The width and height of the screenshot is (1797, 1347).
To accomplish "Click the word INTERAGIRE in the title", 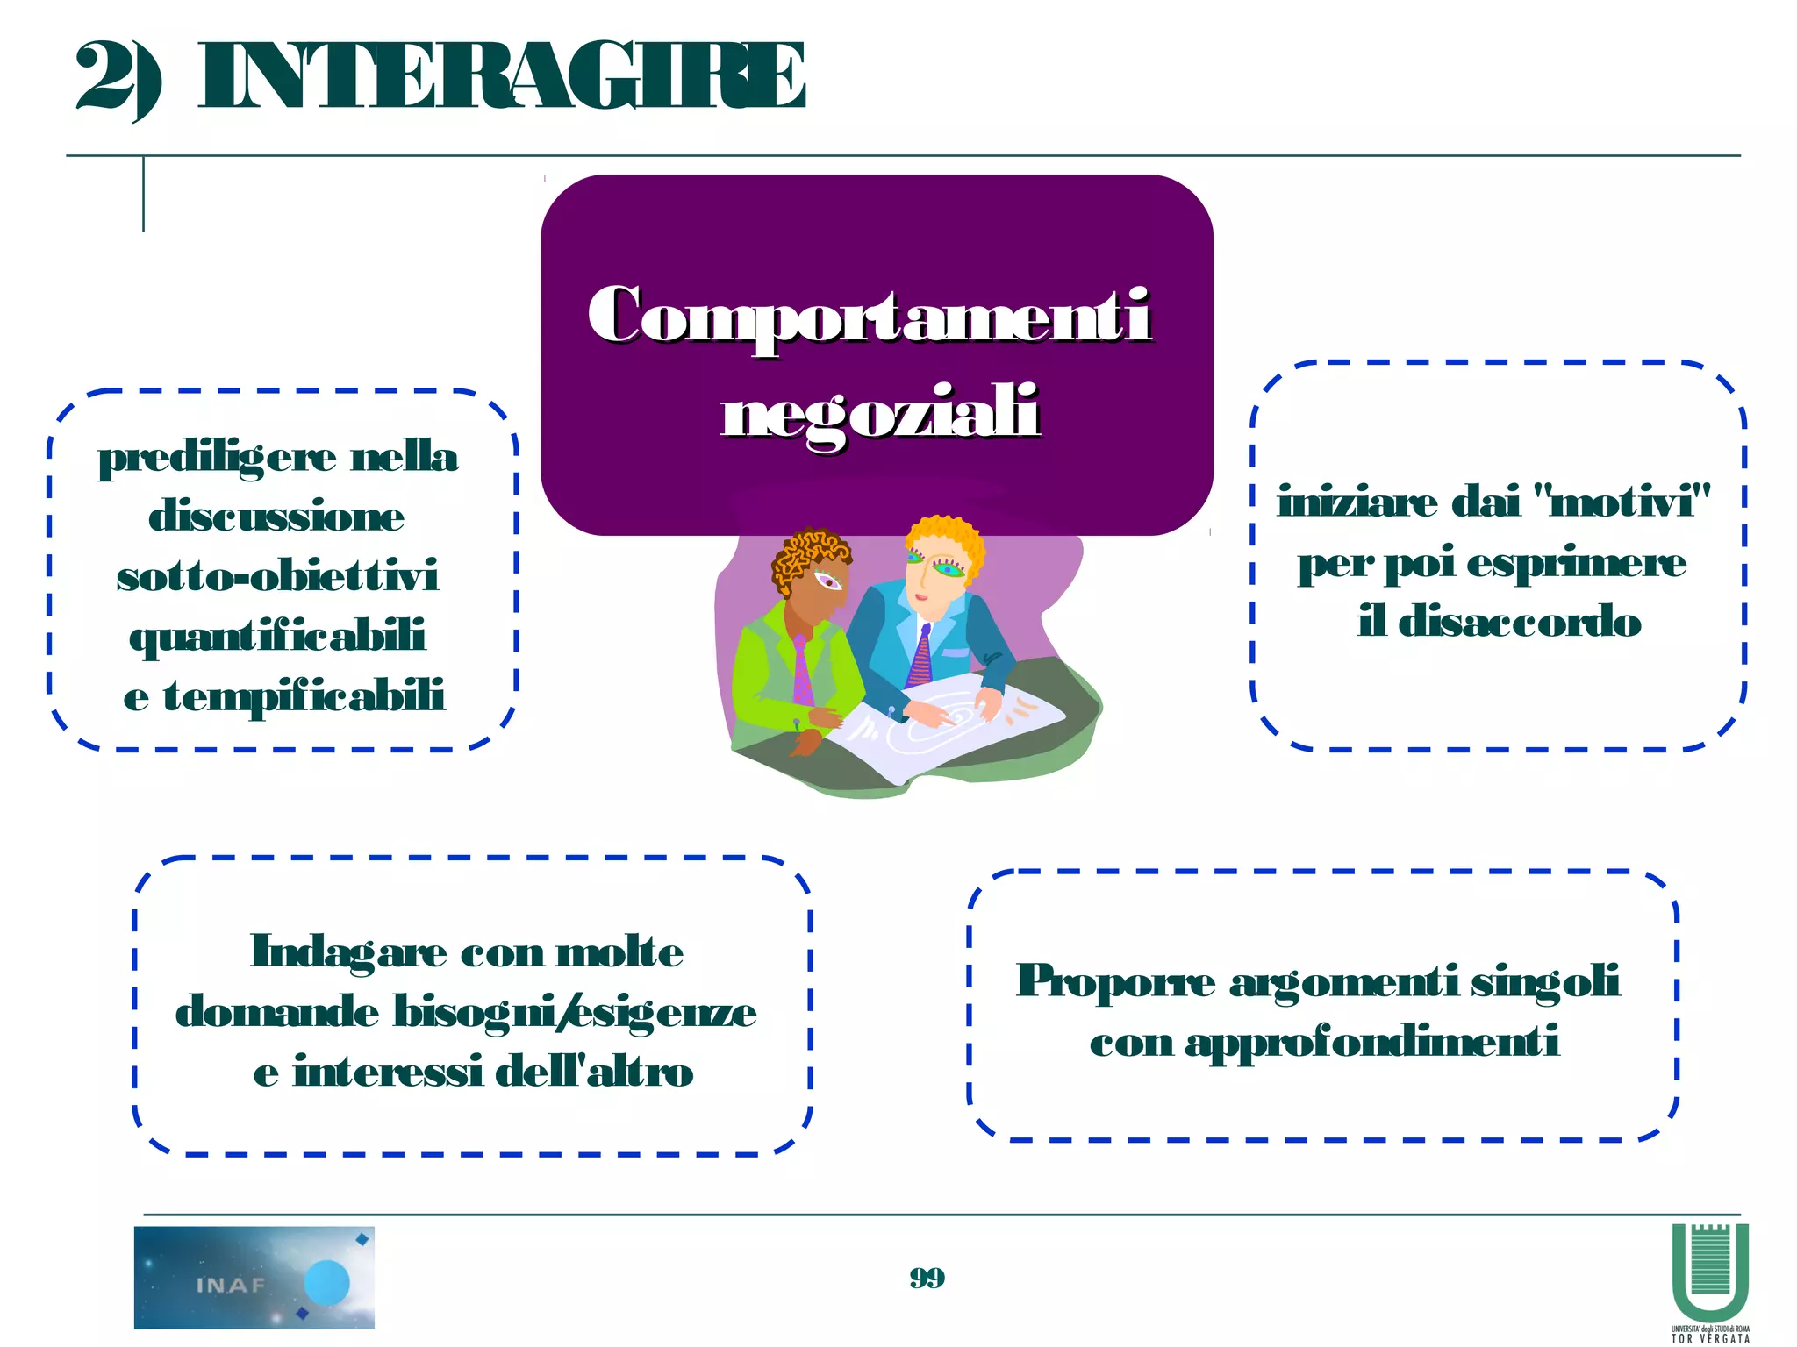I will (502, 77).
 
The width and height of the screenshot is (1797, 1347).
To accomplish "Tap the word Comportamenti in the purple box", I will (869, 316).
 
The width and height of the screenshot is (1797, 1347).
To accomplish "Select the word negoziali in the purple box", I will (880, 412).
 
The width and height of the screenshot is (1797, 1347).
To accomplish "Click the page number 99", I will (927, 1278).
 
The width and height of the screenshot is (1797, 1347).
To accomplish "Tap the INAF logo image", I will (254, 1277).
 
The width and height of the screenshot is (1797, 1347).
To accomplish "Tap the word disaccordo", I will (1519, 623).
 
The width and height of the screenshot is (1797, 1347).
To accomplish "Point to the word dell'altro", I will (594, 1073).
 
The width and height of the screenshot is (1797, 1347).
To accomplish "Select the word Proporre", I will (1115, 981).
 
